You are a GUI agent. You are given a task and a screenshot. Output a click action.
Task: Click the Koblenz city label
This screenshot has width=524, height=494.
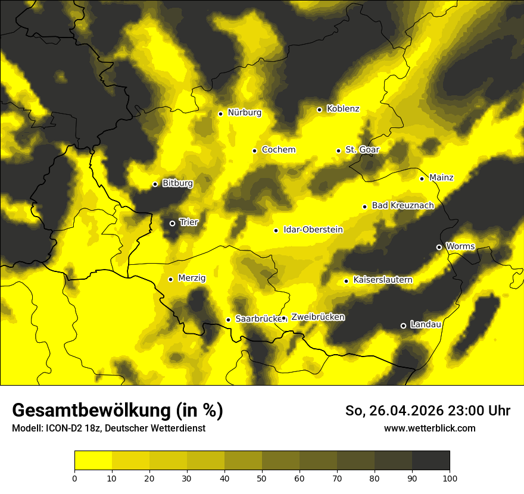coord(343,109)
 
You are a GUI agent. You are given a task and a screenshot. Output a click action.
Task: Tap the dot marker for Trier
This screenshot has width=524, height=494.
coord(172,223)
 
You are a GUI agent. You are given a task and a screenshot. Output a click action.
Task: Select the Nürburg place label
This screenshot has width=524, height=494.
coord(244,112)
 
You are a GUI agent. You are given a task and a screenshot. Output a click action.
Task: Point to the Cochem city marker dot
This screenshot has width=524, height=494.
coord(254,151)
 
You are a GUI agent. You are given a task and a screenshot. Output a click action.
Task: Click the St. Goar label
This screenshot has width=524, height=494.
coord(362,149)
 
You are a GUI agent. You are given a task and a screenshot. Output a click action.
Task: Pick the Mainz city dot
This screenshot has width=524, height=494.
coord(422,179)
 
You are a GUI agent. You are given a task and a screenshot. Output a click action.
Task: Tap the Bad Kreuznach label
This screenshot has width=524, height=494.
coord(403,205)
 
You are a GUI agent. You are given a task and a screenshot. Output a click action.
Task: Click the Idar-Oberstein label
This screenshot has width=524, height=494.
coord(313,229)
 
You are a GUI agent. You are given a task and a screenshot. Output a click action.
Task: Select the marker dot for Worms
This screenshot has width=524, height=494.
coord(439,247)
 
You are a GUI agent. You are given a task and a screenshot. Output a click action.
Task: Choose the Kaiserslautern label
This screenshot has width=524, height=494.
coord(383,280)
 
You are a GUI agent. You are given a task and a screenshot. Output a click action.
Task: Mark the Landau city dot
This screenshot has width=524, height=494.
coord(403,326)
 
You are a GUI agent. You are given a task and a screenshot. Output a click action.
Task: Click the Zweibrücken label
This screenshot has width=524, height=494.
coord(318,317)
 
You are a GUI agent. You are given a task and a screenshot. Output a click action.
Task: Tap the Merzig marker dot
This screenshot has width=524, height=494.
coord(170,279)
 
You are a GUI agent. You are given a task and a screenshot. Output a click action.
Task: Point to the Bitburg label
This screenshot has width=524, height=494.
coord(177,183)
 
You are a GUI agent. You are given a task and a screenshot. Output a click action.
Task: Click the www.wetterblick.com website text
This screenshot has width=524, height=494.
coord(430,429)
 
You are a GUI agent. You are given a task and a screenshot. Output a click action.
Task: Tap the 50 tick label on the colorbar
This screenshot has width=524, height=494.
coord(262,479)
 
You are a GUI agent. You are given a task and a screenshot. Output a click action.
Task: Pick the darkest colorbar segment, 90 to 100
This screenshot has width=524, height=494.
coord(431,461)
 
